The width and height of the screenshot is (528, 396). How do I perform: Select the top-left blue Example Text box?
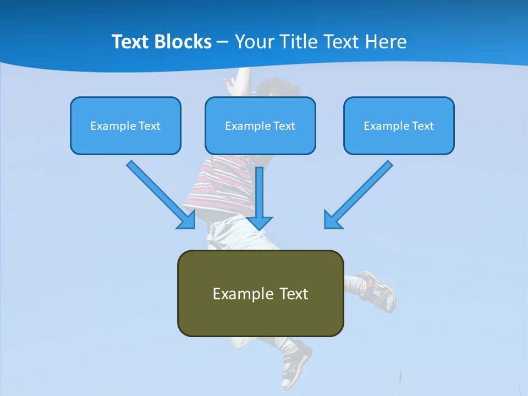pyautogui.click(x=125, y=125)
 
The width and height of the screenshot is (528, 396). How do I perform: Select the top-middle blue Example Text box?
pyautogui.click(x=260, y=125)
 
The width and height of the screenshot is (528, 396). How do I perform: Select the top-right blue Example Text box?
pyautogui.click(x=399, y=125)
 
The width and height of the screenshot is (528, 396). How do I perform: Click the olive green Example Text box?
pyautogui.click(x=260, y=293)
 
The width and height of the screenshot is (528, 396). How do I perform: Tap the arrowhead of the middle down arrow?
pyautogui.click(x=260, y=222)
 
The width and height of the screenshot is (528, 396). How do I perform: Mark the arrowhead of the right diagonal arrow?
pyautogui.click(x=332, y=220)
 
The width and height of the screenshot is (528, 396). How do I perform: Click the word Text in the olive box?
pyautogui.click(x=294, y=294)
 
